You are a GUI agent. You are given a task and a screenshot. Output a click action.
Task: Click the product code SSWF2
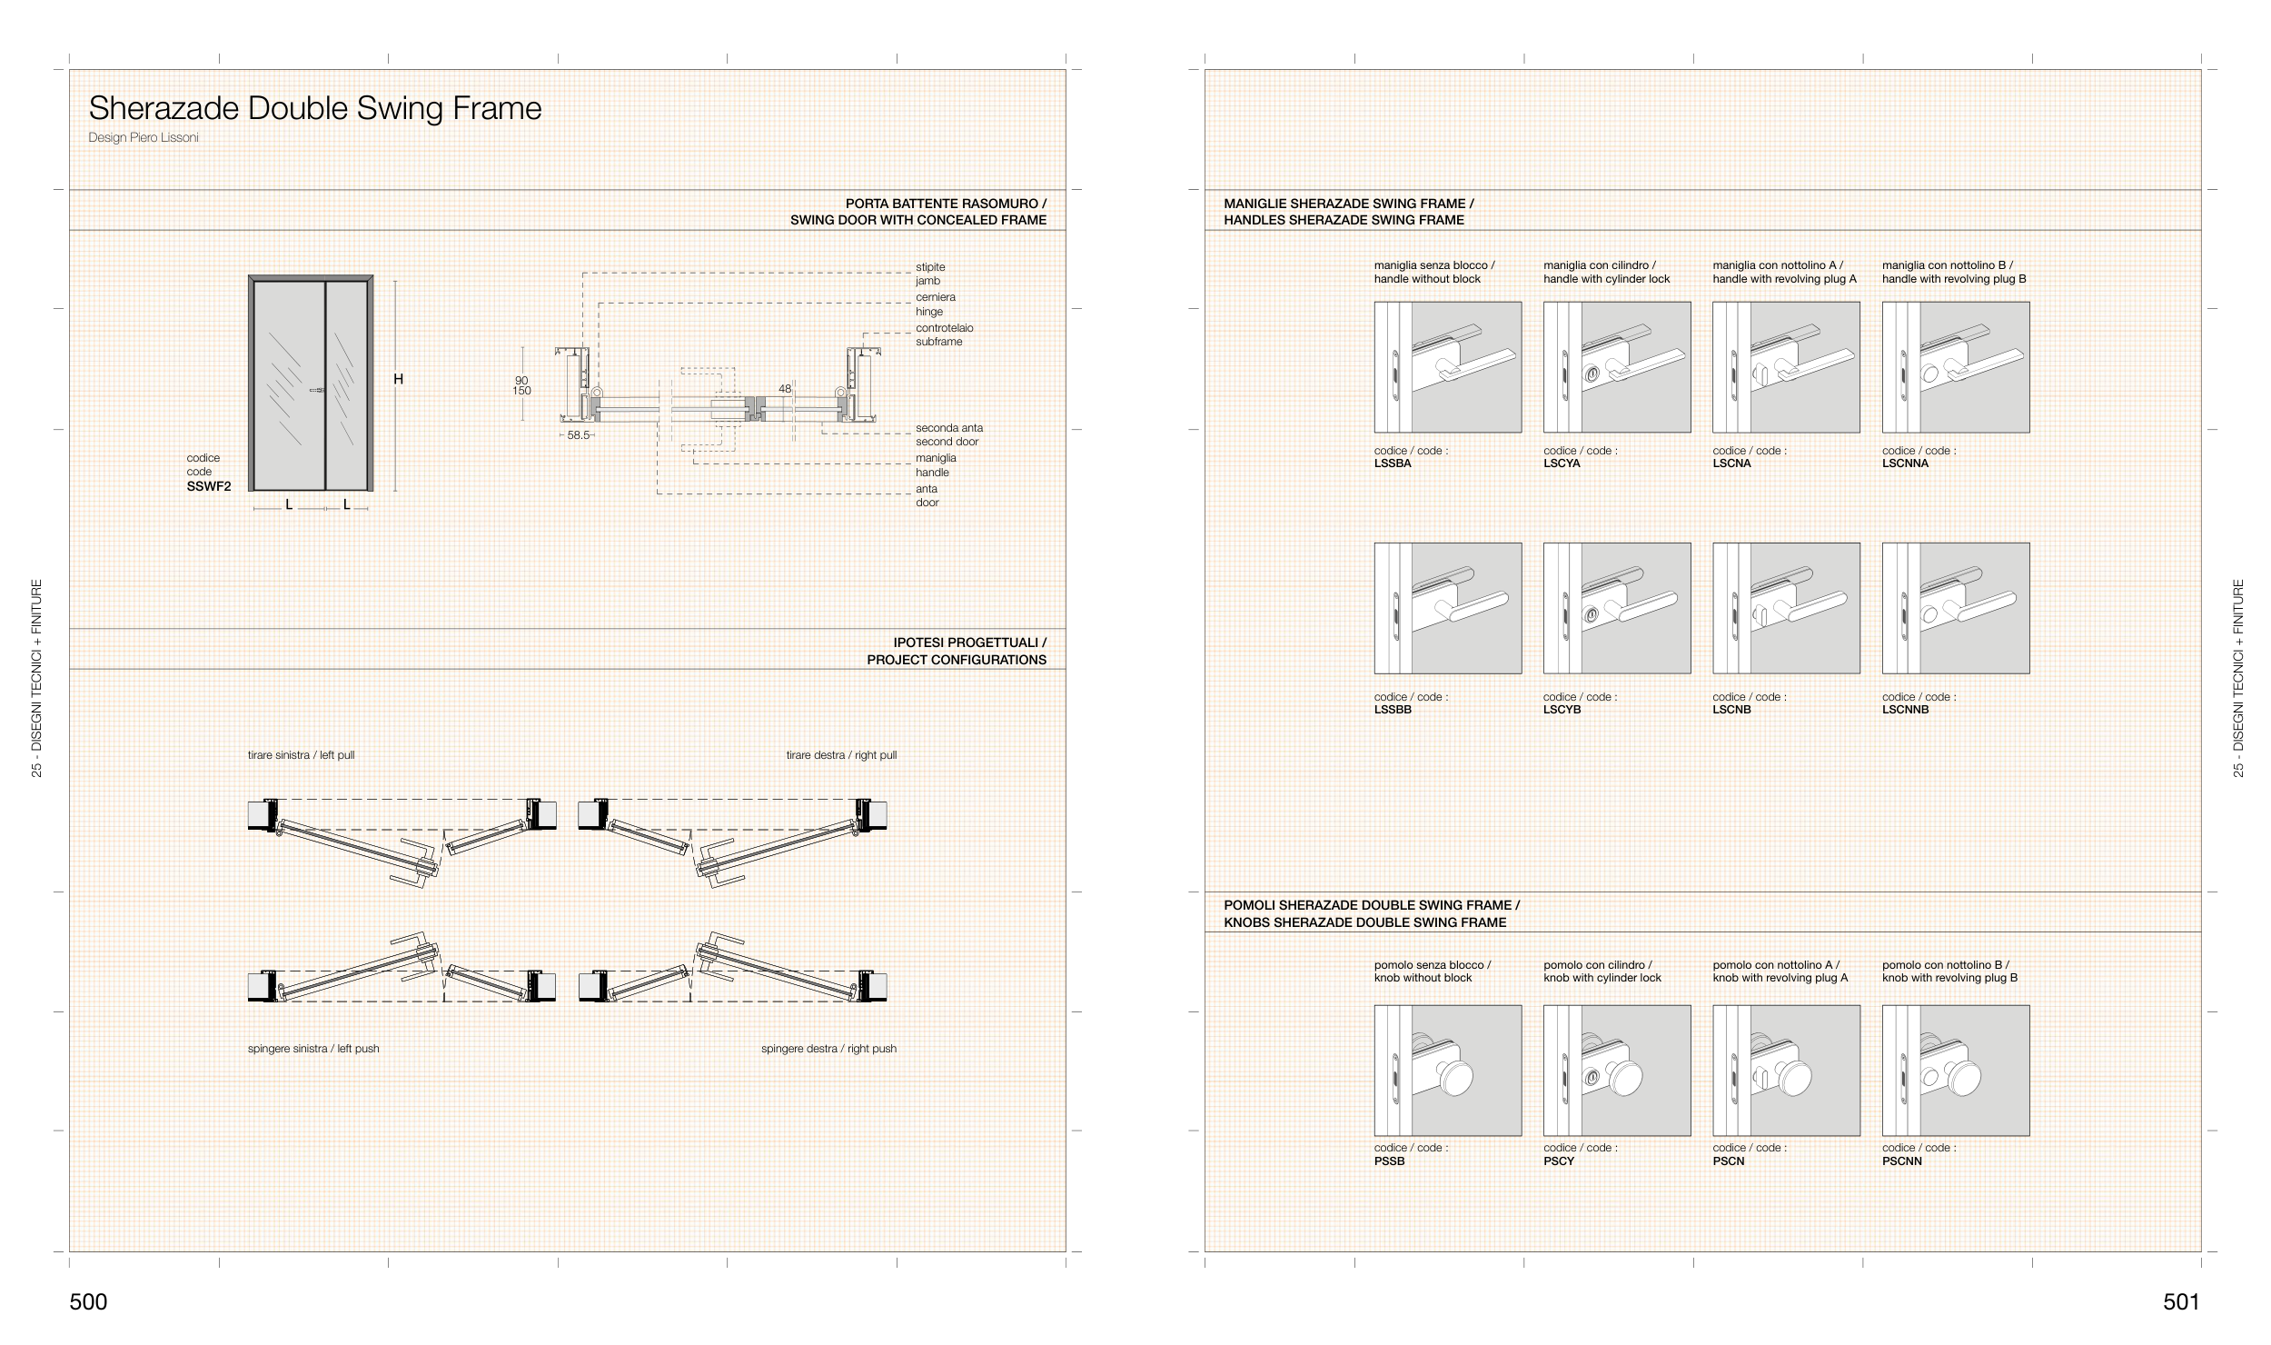click(x=209, y=486)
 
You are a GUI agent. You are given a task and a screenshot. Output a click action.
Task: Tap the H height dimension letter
click(x=398, y=380)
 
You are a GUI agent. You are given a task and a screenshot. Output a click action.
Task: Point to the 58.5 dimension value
click(x=579, y=435)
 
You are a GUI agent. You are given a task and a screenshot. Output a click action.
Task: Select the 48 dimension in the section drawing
click(x=785, y=389)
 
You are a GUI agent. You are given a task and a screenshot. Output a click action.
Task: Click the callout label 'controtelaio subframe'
click(x=944, y=334)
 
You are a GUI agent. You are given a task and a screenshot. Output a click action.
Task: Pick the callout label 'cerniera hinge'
click(x=935, y=304)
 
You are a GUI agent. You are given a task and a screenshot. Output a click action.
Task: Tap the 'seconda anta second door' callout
click(x=948, y=434)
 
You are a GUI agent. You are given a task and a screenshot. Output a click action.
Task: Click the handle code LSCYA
click(x=1562, y=463)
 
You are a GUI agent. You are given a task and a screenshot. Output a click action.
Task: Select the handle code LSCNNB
click(x=1905, y=710)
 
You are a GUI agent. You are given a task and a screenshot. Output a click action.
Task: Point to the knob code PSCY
click(x=1559, y=1161)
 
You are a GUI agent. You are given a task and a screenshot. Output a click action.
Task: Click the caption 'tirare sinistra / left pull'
click(x=301, y=755)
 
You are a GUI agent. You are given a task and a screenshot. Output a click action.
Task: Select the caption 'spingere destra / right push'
click(x=828, y=1049)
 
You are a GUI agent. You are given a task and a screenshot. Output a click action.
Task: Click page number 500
click(x=88, y=1302)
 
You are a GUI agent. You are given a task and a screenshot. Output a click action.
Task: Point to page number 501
click(x=2181, y=1302)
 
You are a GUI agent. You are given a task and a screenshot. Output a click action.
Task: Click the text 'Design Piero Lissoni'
click(x=144, y=138)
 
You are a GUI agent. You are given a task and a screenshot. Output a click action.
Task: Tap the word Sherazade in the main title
click(x=164, y=109)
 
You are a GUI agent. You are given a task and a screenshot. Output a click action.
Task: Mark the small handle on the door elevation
click(x=318, y=391)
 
